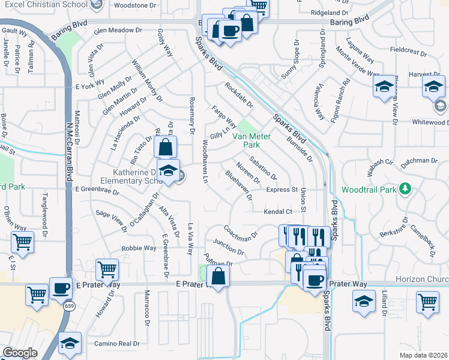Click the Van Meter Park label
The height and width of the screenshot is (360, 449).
pos(252,140)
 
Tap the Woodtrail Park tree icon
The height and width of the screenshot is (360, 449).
pos(406,189)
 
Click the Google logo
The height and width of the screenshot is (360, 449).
pos(20,353)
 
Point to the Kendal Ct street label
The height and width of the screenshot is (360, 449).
pos(277,212)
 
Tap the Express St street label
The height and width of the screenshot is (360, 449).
pos(282,190)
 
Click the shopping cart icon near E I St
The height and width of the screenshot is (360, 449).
pos(22,242)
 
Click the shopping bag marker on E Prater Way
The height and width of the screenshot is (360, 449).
pos(218,276)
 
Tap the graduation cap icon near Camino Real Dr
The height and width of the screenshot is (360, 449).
pos(70,343)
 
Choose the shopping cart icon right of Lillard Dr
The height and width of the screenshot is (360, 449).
pos(427,302)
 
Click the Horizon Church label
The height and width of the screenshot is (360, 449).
pos(422,280)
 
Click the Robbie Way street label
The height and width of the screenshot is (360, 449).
pos(139,248)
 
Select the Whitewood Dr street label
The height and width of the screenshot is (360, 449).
pos(430,122)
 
